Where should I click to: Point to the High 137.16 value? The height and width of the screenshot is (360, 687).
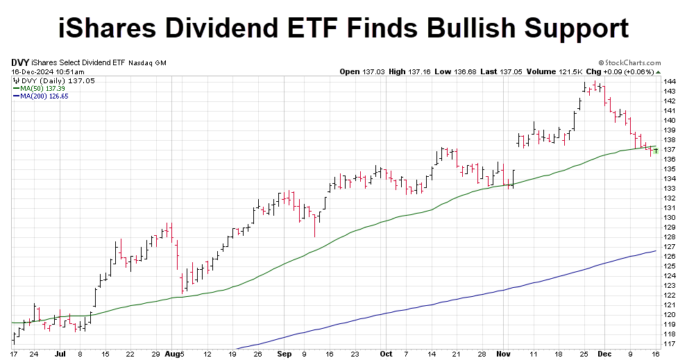click(x=408, y=71)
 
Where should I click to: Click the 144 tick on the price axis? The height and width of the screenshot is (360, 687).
click(x=670, y=81)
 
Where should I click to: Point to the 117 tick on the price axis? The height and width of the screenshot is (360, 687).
click(x=670, y=344)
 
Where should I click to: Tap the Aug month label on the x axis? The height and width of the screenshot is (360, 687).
click(x=170, y=353)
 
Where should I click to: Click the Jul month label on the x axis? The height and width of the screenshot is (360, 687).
click(x=60, y=353)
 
